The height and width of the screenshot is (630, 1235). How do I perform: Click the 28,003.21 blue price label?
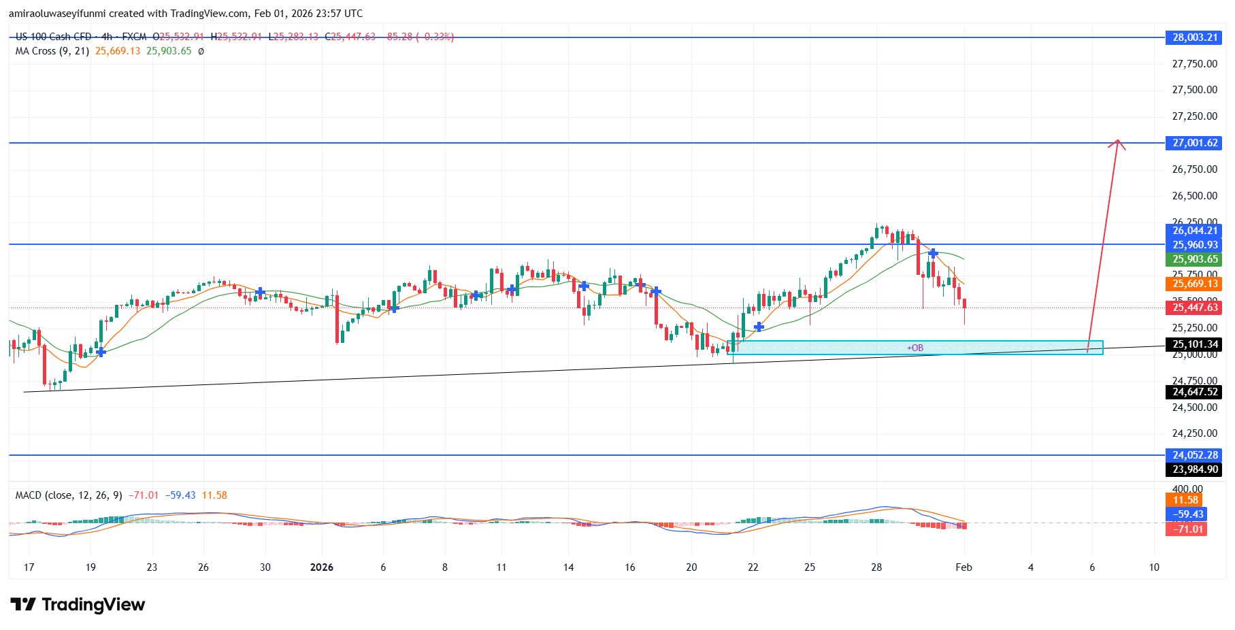[x=1195, y=37]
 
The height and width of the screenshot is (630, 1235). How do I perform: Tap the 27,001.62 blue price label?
[x=1195, y=143]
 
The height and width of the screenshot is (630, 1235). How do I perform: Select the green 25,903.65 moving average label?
[x=1195, y=259]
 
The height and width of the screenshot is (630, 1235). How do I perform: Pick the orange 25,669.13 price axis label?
[x=1195, y=284]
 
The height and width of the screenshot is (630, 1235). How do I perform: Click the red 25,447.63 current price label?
[x=1195, y=308]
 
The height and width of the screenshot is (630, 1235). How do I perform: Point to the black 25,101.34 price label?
[x=1195, y=344]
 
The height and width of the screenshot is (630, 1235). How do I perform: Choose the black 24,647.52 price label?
[x=1195, y=392]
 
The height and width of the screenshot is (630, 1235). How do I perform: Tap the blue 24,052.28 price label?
[x=1195, y=455]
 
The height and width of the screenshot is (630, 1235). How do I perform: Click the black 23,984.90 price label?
[x=1195, y=469]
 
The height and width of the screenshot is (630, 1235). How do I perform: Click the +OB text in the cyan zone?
[x=915, y=348]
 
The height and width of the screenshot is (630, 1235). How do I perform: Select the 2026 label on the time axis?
[x=322, y=567]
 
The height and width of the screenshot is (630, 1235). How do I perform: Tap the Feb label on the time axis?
[x=964, y=567]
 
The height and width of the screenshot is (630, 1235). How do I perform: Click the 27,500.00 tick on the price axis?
[x=1194, y=90]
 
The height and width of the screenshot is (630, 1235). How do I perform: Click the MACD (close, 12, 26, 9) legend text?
[x=69, y=495]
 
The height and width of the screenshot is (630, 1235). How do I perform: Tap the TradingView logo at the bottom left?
[x=78, y=605]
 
